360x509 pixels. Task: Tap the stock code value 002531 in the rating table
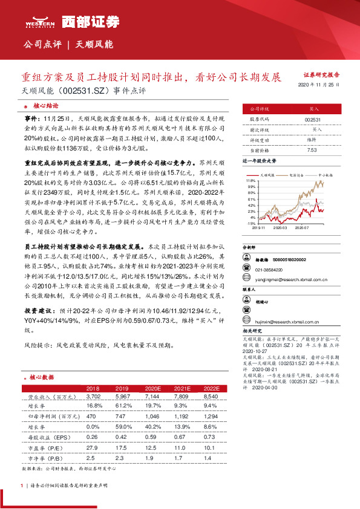(313, 120)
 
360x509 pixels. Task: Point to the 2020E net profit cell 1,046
(152, 417)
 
